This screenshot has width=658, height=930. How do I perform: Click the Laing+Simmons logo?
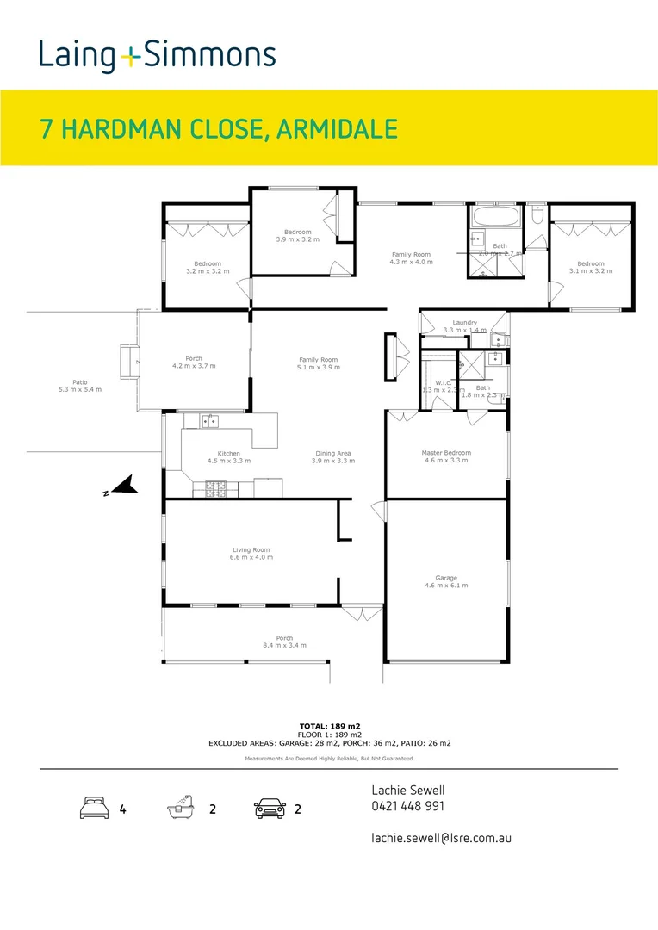[157, 57]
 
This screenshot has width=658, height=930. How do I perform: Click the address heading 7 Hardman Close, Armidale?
[219, 128]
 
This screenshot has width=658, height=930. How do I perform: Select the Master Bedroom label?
[445, 453]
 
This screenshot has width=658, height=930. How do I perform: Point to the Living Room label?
[251, 549]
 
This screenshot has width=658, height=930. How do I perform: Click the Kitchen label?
[228, 453]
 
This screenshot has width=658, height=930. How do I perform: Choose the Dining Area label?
[332, 453]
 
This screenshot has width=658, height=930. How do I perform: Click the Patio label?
[79, 382]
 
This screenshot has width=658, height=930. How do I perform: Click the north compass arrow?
[122, 487]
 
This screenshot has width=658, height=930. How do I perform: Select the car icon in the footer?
[270, 809]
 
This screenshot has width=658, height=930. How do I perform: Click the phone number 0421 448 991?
[407, 807]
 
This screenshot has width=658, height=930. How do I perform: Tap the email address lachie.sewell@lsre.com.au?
[441, 837]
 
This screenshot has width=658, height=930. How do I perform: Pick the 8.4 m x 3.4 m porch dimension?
[284, 645]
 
